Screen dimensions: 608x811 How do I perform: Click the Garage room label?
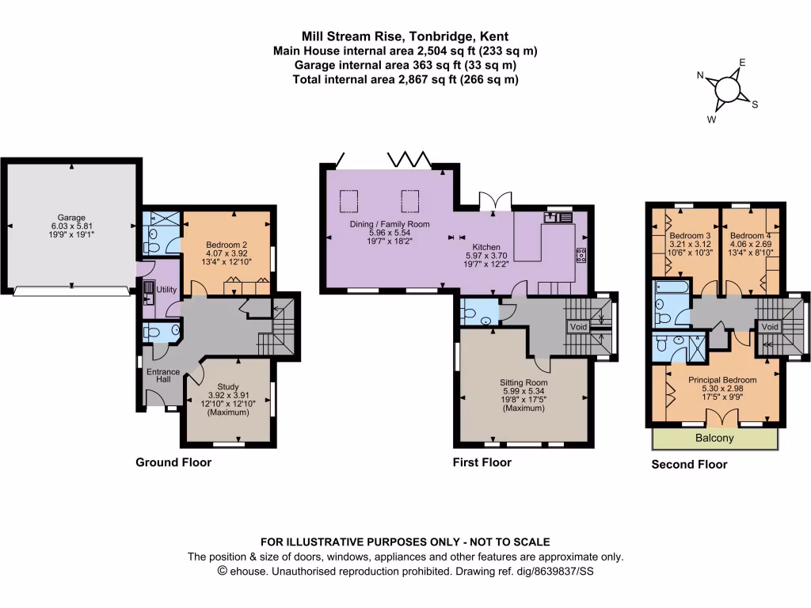tap(70, 217)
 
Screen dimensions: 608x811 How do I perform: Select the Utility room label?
tap(166, 291)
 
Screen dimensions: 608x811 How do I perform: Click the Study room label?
tap(227, 387)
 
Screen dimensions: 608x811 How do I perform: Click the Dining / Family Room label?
tap(390, 224)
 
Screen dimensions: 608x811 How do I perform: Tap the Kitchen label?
tap(486, 246)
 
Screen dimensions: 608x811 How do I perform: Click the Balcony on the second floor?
tap(714, 438)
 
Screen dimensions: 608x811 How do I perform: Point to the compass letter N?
tap(700, 76)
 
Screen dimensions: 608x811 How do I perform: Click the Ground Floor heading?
tap(173, 462)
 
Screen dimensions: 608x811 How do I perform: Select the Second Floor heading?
tap(689, 465)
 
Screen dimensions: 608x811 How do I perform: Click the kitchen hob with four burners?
tap(580, 254)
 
